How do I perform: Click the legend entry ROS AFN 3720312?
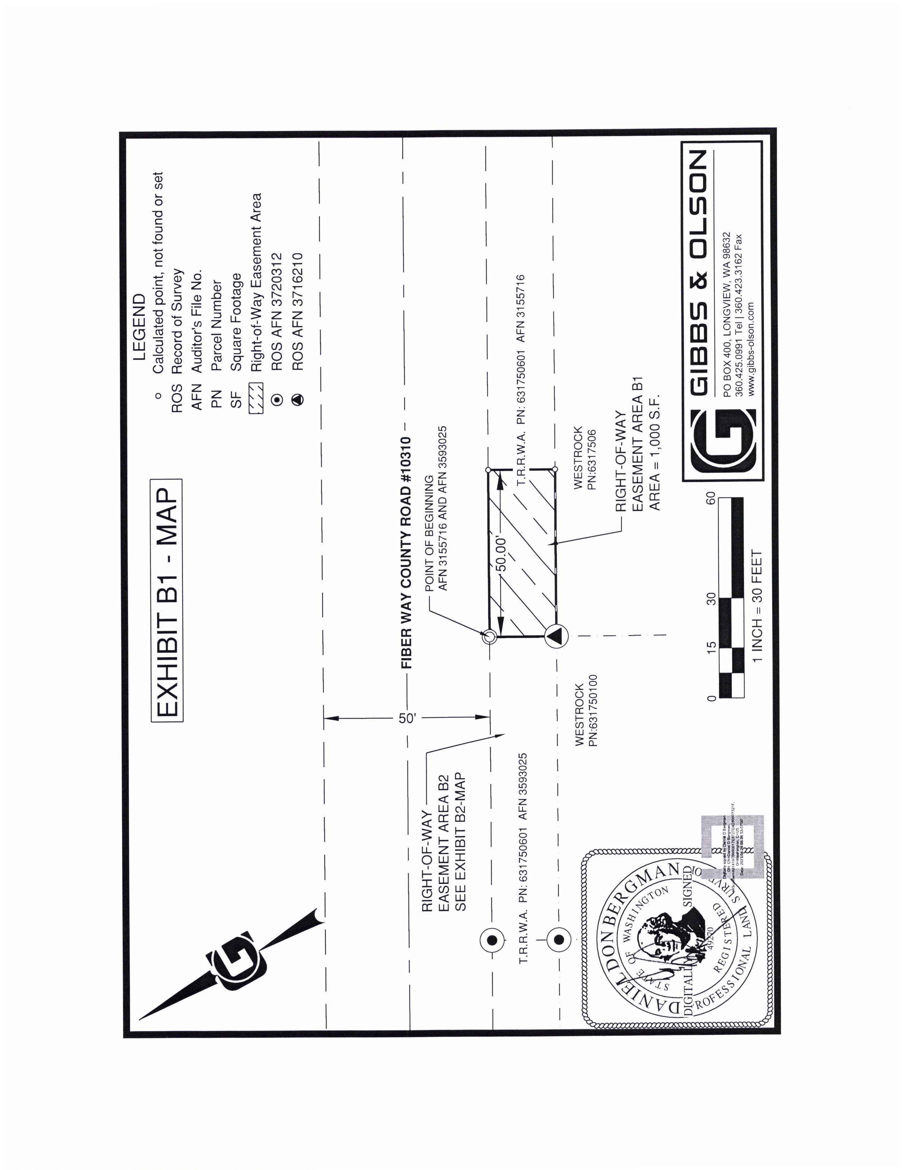click(x=277, y=312)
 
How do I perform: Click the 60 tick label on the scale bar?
click(x=711, y=498)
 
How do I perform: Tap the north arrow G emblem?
click(x=234, y=960)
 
